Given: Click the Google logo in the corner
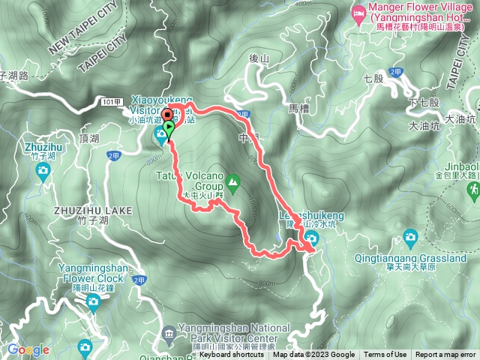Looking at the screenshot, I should (x=28, y=349).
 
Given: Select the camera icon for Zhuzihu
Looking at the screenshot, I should (x=43, y=171).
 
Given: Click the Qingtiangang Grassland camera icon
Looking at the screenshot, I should (x=410, y=239).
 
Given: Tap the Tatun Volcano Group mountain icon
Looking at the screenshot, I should (x=233, y=181).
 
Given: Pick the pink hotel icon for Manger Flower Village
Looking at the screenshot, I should (x=358, y=13).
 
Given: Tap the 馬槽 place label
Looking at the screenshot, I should (x=298, y=109).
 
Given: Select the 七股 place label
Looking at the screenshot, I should (x=373, y=77).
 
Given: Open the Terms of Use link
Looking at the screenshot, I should (x=385, y=355).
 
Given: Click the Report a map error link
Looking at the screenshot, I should (x=445, y=355).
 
